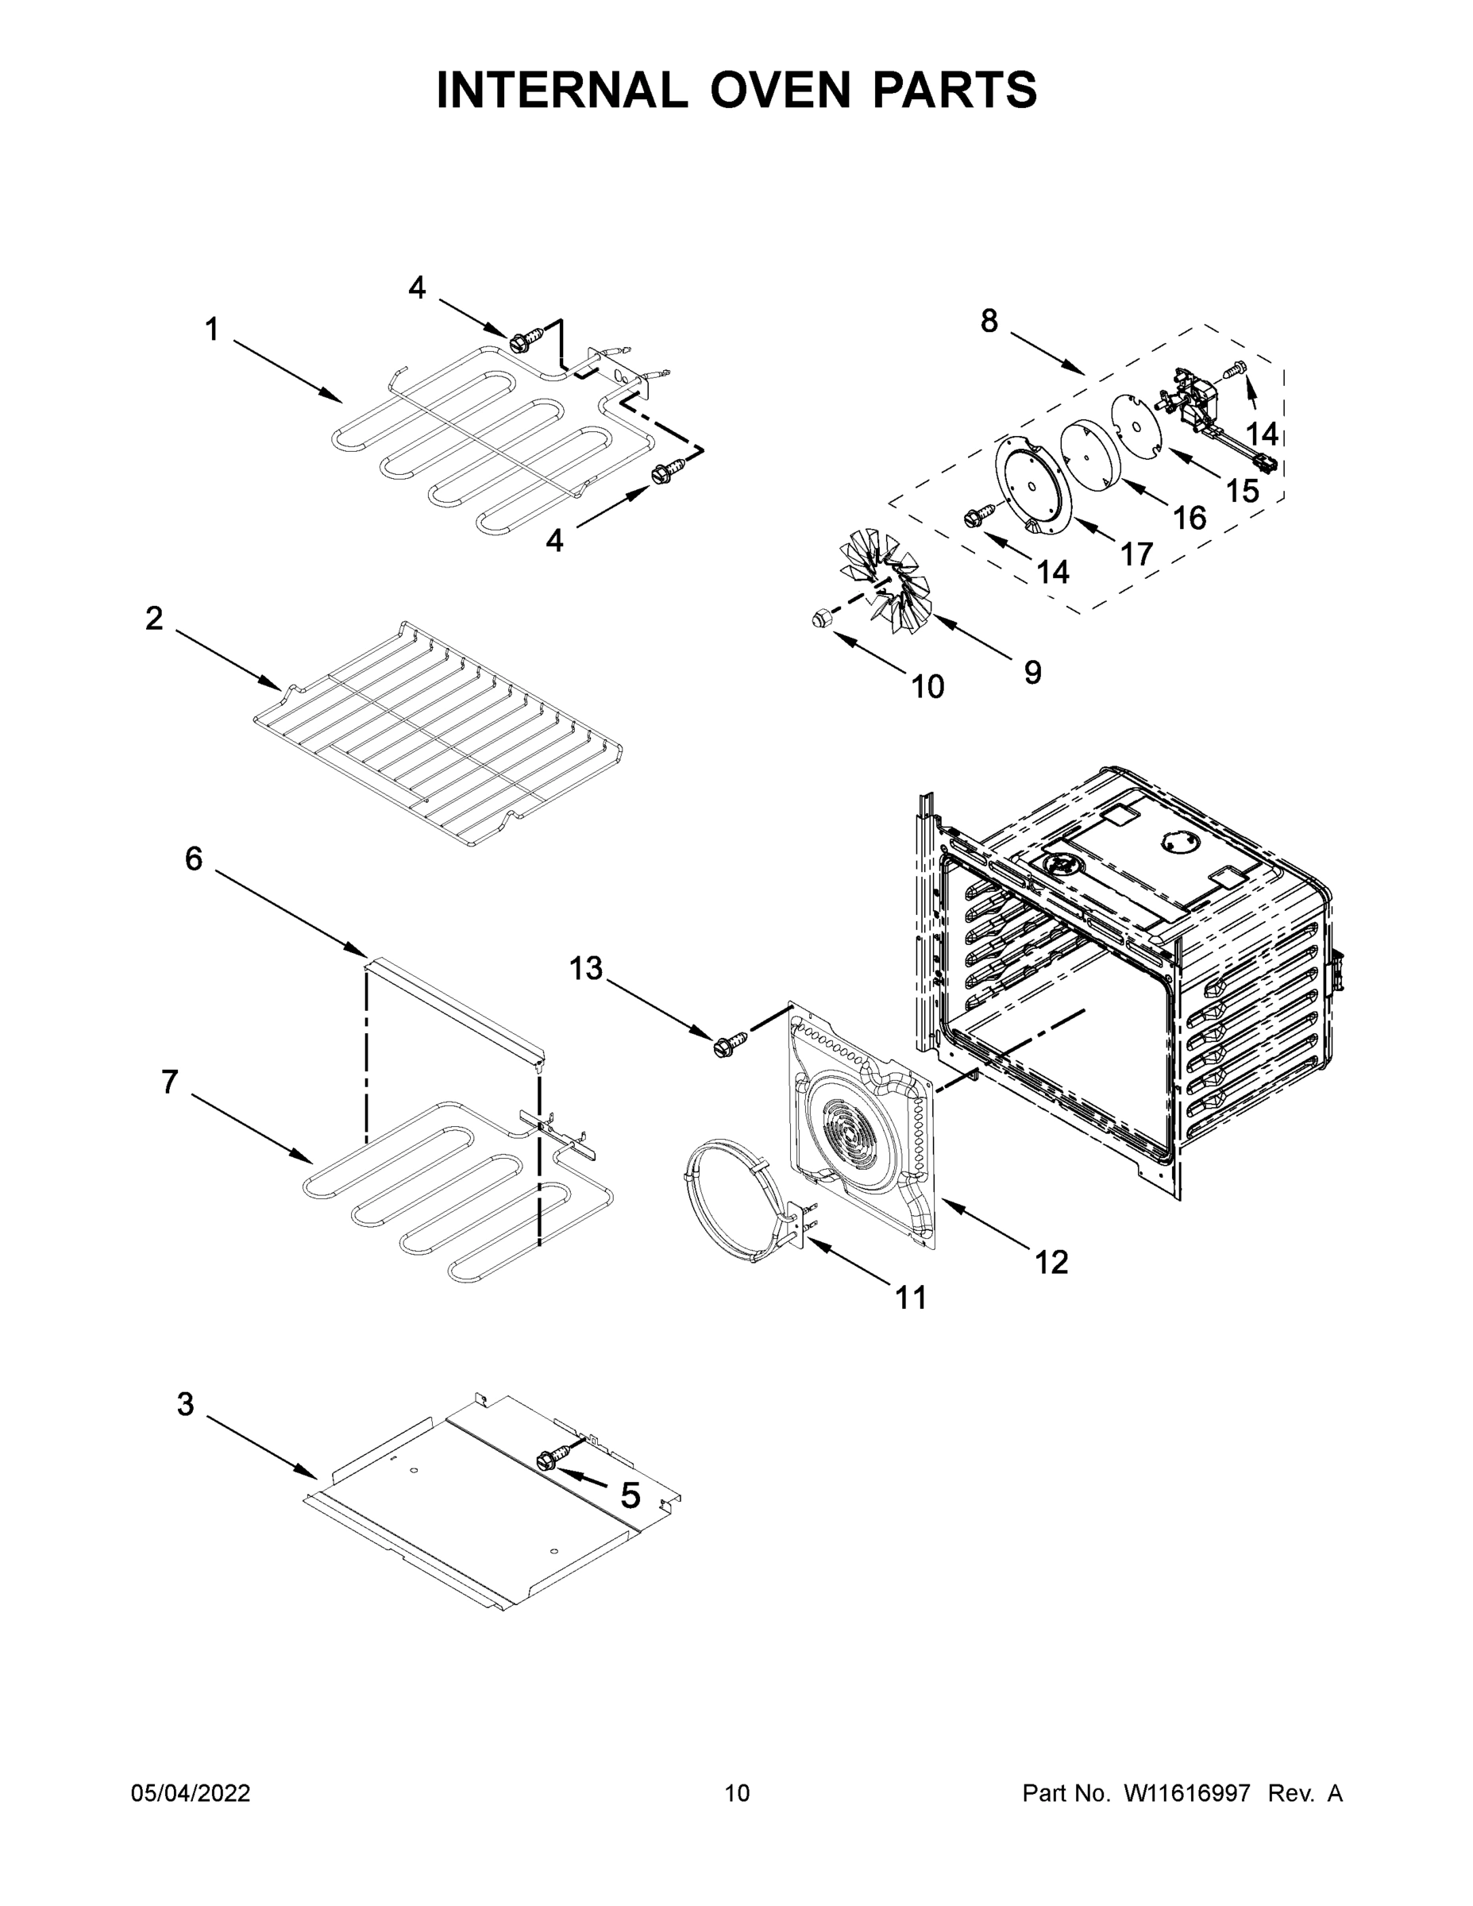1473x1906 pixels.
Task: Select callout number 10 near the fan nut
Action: coord(927,687)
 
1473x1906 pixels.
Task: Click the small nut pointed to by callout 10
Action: coord(820,619)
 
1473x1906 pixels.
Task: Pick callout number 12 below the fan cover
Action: coord(1051,1262)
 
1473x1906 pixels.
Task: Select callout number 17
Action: coord(1136,554)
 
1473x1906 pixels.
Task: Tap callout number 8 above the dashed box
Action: coord(989,321)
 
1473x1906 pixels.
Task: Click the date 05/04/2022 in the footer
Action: coord(191,1793)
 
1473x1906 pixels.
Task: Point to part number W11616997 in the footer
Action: coord(1187,1793)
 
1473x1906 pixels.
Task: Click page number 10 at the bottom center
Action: coord(737,1793)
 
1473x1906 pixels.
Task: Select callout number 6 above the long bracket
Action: coord(194,858)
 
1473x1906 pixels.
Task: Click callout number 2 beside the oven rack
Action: coord(153,619)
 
